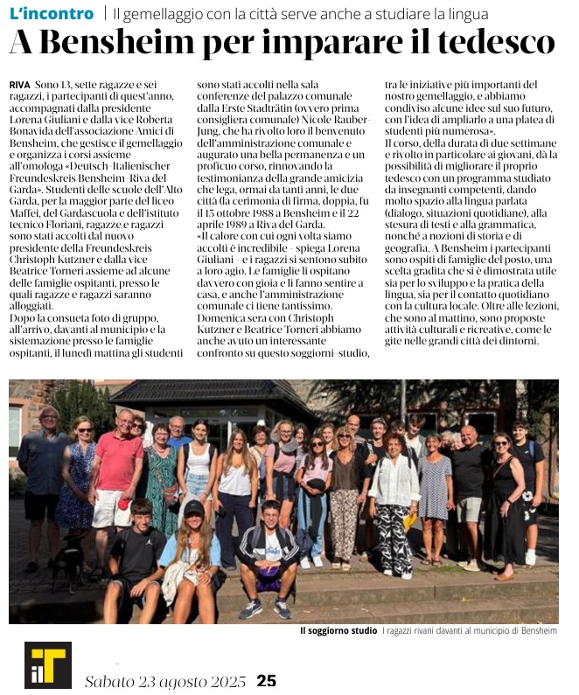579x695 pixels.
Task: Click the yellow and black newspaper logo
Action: [47, 664]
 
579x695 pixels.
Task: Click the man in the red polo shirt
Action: [119, 472]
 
